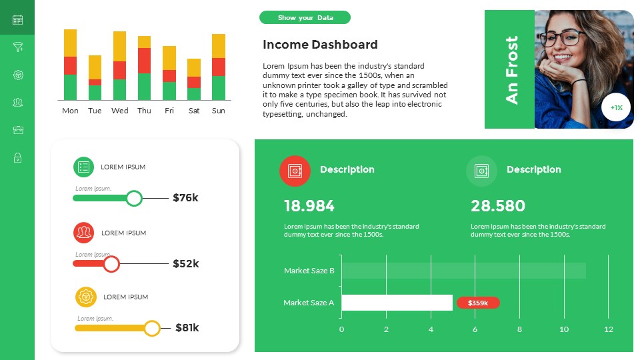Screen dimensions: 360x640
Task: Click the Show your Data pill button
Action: (305, 18)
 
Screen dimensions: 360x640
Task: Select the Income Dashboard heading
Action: (320, 45)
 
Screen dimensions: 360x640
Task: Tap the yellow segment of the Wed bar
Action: (120, 46)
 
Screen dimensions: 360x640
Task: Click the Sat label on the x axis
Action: (194, 111)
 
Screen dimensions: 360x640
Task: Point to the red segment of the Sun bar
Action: (219, 67)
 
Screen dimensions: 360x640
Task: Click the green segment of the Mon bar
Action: (71, 87)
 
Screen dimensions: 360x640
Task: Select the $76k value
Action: (186, 198)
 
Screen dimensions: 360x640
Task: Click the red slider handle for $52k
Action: (112, 264)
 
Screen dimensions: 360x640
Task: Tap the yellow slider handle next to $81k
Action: (153, 328)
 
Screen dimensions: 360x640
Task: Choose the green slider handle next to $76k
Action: (134, 198)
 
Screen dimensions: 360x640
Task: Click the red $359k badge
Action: (478, 303)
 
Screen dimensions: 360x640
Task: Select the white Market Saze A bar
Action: (397, 303)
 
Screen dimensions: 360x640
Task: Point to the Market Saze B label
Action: (309, 271)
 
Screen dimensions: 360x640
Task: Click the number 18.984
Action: (309, 206)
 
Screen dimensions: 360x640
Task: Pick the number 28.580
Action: (498, 206)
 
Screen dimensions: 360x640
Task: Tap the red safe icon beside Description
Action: (295, 171)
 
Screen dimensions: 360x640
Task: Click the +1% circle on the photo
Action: (616, 107)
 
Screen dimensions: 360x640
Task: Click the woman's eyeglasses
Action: (561, 37)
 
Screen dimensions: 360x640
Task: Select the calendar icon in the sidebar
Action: (17, 19)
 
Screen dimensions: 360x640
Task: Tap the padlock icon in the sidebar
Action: (17, 157)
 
